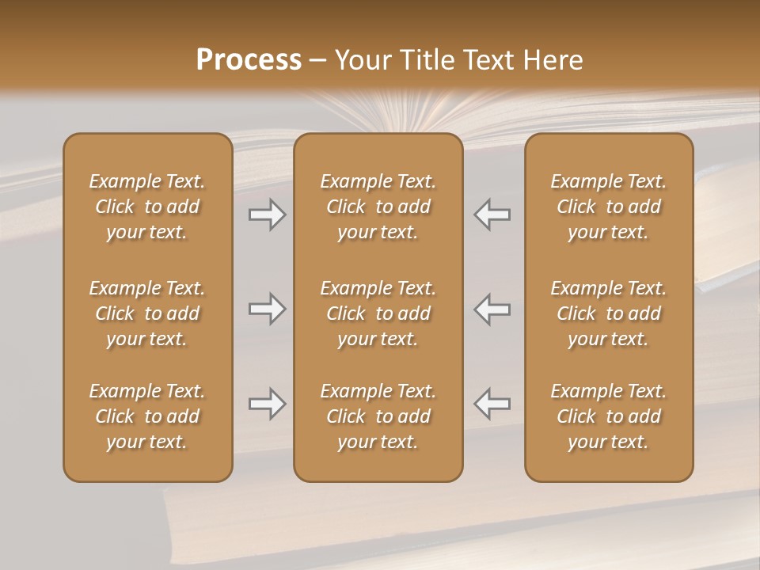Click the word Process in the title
(249, 60)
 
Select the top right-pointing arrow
(267, 215)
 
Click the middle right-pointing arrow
(267, 309)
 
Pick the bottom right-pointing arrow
(267, 405)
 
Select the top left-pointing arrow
(492, 215)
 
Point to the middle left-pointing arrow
(492, 309)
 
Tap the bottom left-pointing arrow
(492, 403)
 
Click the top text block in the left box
(147, 207)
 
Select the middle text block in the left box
(147, 313)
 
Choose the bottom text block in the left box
(147, 416)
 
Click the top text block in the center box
(378, 207)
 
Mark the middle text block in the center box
(378, 313)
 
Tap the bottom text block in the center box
(378, 416)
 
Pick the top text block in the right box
(609, 207)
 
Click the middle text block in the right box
(609, 313)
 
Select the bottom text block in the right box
(609, 416)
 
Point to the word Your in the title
(362, 60)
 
